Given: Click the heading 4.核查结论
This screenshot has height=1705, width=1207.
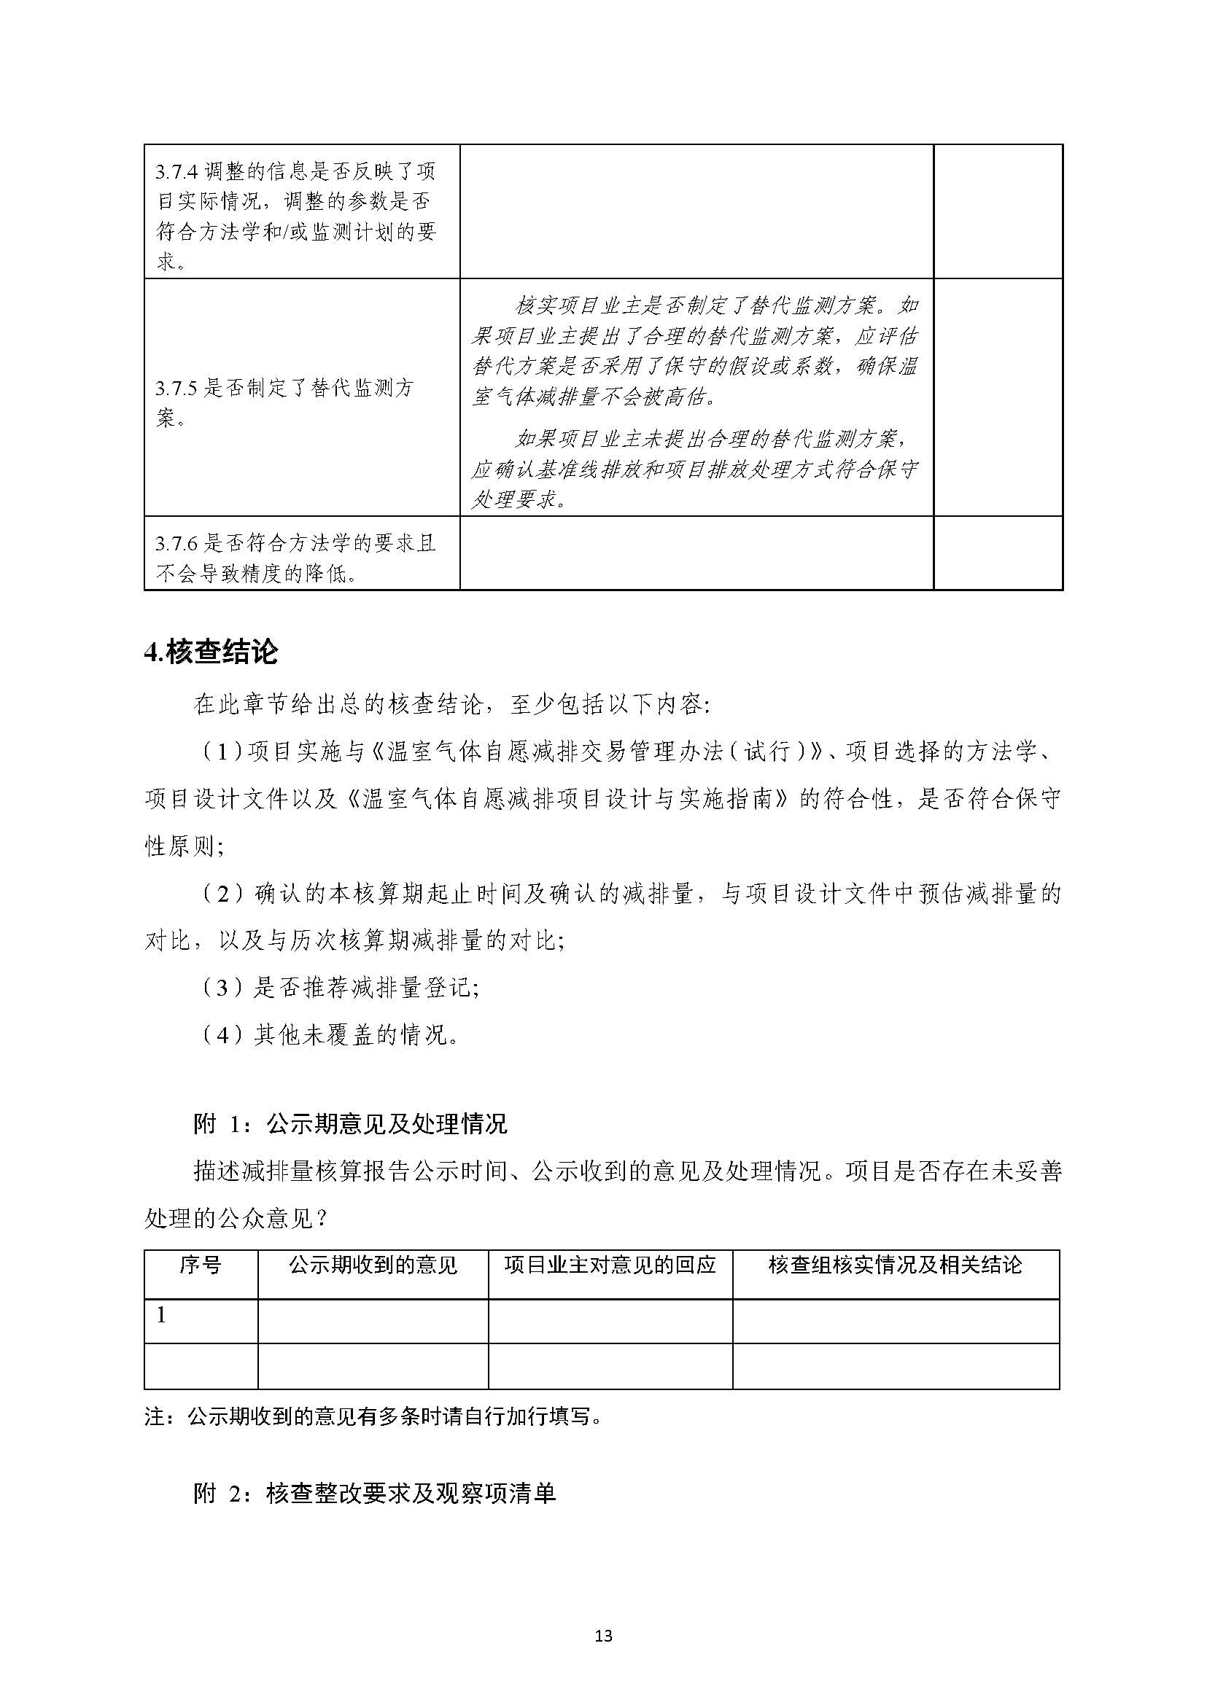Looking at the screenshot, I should [211, 652].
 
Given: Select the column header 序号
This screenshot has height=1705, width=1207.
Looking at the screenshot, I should [200, 1265].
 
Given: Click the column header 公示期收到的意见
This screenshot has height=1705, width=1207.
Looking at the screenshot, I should [373, 1265].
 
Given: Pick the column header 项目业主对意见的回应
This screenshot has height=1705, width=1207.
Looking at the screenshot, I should [610, 1265].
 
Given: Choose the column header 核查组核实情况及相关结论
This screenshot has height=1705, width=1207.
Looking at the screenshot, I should [895, 1265].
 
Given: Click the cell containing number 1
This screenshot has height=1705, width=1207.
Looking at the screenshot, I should [161, 1315].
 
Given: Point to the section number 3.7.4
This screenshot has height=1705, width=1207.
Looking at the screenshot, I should [176, 171].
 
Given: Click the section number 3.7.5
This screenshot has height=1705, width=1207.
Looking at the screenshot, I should [176, 388].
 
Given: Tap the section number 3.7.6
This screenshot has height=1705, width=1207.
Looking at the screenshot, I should [176, 544].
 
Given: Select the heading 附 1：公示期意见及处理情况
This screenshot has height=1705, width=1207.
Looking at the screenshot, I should [350, 1124].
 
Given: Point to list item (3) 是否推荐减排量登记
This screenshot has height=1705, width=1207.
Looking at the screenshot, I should [340, 987].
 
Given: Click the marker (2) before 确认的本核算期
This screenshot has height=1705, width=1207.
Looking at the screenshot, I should [222, 894].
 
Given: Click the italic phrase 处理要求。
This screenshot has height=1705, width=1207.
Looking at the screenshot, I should [519, 499].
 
